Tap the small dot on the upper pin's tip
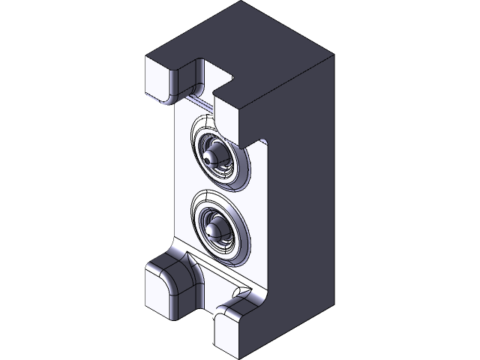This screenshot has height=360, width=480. point(207,158)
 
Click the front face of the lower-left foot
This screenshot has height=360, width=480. point(157,292)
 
